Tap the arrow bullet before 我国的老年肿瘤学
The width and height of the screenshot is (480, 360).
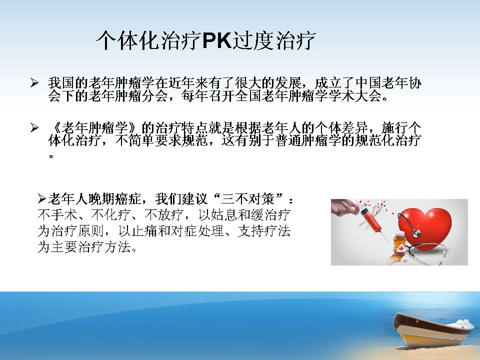pyautogui.click(x=34, y=82)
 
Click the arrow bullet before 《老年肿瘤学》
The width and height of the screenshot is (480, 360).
pyautogui.click(x=34, y=127)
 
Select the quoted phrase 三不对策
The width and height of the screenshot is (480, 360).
pyautogui.click(x=248, y=199)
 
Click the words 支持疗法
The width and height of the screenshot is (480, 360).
pyautogui.click(x=264, y=231)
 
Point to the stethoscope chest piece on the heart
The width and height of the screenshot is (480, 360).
pyautogui.click(x=416, y=233)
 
